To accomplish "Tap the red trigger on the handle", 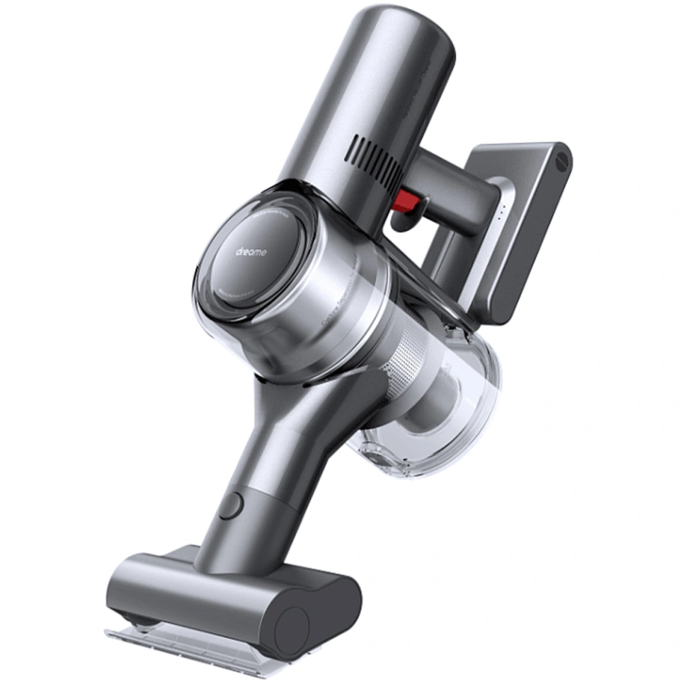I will (x=405, y=204).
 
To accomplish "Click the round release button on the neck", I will (x=230, y=504).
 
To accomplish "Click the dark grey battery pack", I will (x=528, y=230).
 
